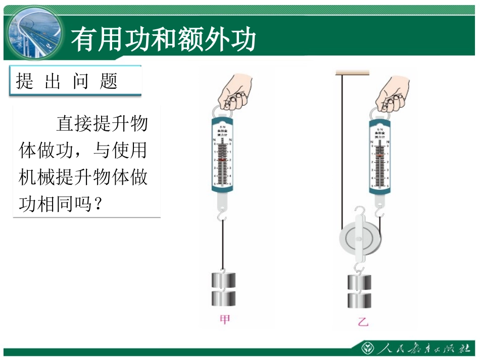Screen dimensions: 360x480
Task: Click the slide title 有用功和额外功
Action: point(163,39)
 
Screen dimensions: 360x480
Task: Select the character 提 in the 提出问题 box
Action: point(24,81)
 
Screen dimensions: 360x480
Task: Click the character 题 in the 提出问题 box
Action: point(109,81)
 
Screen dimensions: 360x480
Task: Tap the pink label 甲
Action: point(224,320)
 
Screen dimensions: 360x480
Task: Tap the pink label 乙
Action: point(363,322)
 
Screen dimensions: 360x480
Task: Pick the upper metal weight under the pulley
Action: point(359,283)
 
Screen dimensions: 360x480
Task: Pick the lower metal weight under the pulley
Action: point(359,300)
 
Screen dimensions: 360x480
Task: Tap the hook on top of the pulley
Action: point(359,211)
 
